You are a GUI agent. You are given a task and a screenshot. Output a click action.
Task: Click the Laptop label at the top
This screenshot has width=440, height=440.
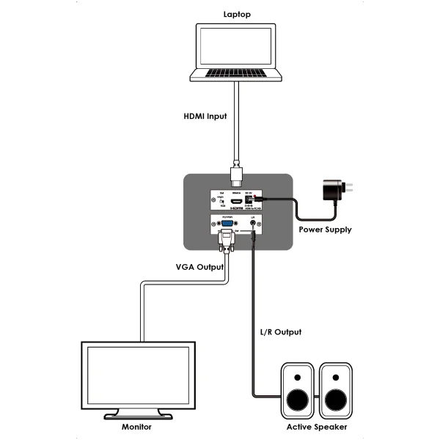click(237, 14)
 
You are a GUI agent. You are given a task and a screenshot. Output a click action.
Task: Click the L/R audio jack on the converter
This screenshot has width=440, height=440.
click(253, 227)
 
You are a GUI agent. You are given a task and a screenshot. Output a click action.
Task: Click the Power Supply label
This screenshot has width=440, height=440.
click(325, 230)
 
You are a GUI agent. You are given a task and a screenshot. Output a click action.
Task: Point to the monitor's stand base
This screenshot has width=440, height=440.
click(139, 415)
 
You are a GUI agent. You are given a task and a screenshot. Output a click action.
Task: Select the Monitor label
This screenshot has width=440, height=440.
click(139, 427)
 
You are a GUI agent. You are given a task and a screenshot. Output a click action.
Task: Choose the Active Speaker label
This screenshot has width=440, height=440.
click(317, 427)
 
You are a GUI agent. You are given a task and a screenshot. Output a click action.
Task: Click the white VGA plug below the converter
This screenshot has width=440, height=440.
click(227, 239)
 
